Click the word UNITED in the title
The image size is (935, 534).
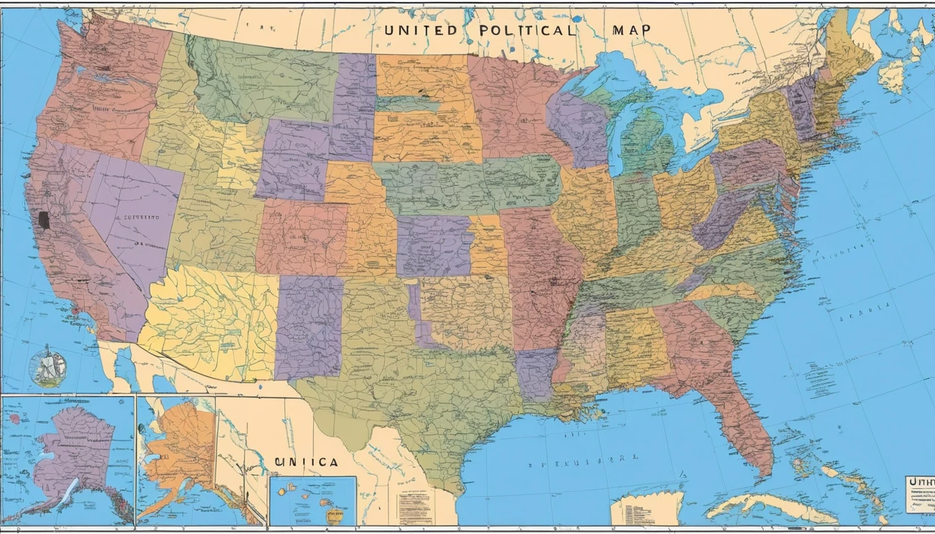[x=420, y=31]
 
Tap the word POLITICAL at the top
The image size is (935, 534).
[x=527, y=31]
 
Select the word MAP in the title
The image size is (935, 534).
[x=632, y=31]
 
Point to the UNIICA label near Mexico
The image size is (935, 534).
[x=306, y=462]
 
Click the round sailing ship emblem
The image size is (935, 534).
[x=48, y=368]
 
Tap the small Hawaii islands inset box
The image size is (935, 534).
[x=312, y=501]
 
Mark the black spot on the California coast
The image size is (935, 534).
[x=44, y=220]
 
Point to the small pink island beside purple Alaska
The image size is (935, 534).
[x=15, y=419]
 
